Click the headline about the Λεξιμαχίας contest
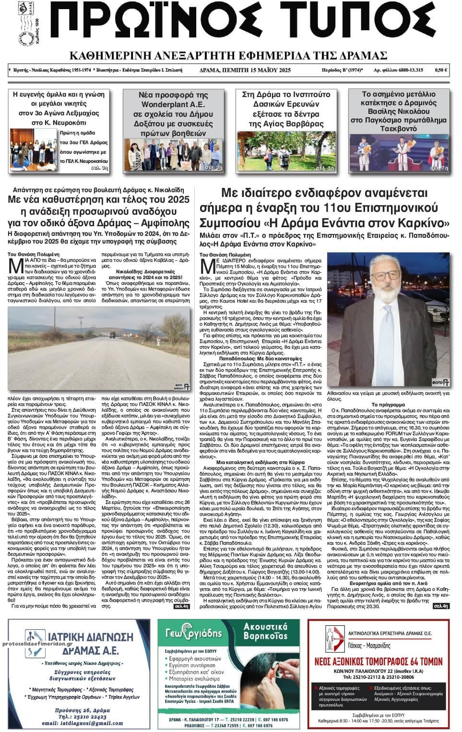click(x=59, y=109)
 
